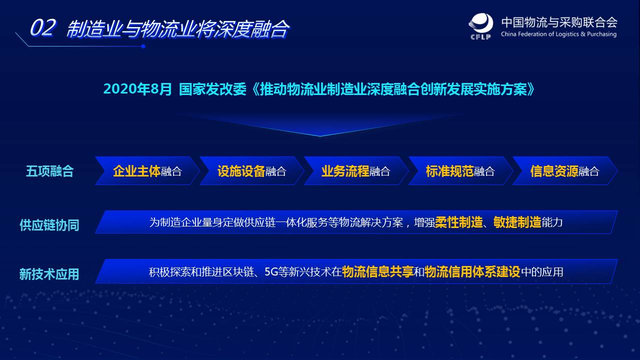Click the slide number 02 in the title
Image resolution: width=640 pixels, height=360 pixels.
(43, 27)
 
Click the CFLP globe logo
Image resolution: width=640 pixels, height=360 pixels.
(481, 25)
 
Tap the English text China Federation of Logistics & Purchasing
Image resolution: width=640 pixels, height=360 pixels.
(558, 34)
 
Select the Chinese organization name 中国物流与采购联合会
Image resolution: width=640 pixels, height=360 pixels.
(559, 22)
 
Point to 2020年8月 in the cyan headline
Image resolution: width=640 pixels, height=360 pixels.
(137, 89)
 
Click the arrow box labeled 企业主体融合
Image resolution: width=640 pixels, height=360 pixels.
(147, 171)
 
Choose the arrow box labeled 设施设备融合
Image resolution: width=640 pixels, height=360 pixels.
(251, 171)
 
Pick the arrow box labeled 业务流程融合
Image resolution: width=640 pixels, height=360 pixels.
(356, 171)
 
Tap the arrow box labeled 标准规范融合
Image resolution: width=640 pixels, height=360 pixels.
(460, 171)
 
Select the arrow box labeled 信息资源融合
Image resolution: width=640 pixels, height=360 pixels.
(565, 171)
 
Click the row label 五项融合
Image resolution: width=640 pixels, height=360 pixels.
(49, 171)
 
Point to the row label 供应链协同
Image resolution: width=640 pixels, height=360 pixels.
(49, 225)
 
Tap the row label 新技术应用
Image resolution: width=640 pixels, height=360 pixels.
(49, 274)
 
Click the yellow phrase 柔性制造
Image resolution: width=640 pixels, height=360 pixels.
(459, 222)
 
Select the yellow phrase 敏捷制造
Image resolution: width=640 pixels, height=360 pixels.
(517, 222)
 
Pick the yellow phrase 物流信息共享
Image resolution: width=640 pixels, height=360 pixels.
(377, 271)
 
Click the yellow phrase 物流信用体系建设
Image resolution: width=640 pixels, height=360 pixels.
(472, 271)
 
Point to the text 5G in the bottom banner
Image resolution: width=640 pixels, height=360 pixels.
(271, 271)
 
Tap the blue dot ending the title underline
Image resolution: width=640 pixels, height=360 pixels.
(143, 46)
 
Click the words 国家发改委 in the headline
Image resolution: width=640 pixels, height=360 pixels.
(212, 89)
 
